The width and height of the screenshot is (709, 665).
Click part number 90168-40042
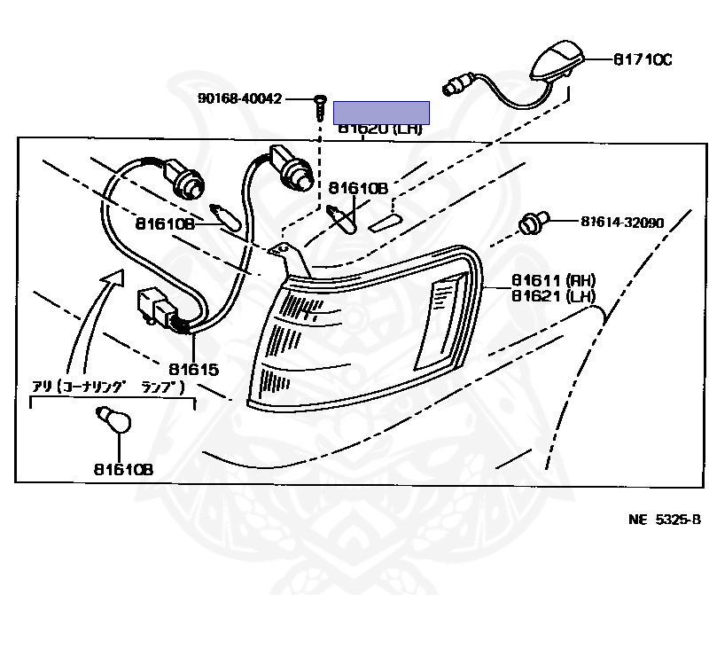click(239, 98)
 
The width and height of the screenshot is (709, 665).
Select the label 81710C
click(643, 59)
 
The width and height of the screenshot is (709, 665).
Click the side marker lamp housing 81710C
click(556, 65)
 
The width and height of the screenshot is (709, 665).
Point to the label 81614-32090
click(622, 223)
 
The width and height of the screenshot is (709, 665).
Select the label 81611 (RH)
click(553, 279)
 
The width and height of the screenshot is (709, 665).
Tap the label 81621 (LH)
click(553, 296)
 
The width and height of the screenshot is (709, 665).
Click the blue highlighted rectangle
click(381, 112)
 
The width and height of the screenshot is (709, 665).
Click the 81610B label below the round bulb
click(121, 469)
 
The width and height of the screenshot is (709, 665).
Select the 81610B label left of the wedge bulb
click(165, 223)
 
